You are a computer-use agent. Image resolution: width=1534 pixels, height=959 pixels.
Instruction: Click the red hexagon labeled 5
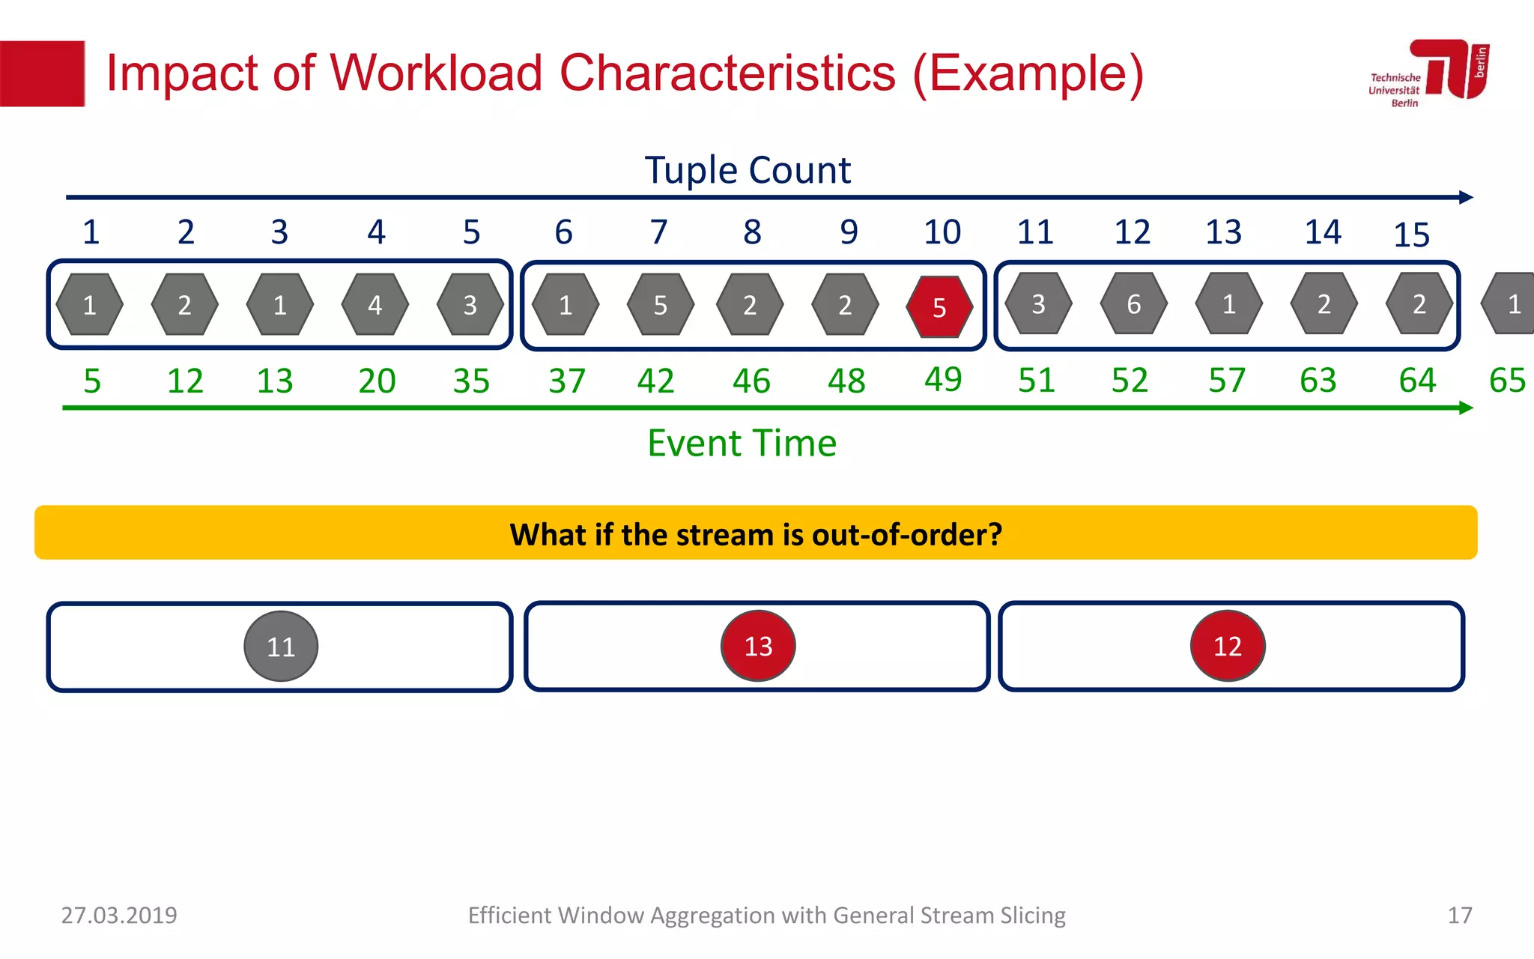pyautogui.click(x=939, y=306)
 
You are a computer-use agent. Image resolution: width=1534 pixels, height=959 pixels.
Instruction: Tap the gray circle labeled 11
pyautogui.click(x=281, y=646)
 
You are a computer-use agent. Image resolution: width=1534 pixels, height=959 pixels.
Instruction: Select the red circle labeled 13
pyautogui.click(x=758, y=645)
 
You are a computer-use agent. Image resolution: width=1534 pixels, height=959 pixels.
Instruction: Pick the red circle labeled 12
pyautogui.click(x=1228, y=645)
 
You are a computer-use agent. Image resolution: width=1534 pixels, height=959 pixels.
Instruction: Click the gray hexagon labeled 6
pyautogui.click(x=1133, y=303)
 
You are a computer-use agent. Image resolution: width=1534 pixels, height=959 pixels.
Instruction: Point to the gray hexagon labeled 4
pyautogui.click(x=375, y=304)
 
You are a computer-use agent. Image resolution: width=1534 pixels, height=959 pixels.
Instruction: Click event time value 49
pyautogui.click(x=943, y=379)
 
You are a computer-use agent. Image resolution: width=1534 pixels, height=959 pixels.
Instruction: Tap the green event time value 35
pyautogui.click(x=471, y=381)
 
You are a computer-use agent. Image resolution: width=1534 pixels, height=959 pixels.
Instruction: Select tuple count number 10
pyautogui.click(x=942, y=232)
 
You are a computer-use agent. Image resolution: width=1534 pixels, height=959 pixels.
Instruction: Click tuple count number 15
pyautogui.click(x=1411, y=235)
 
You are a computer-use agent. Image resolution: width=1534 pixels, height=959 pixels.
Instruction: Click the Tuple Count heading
pyautogui.click(x=748, y=170)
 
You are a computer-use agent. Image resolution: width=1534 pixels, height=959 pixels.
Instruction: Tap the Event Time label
pyautogui.click(x=742, y=443)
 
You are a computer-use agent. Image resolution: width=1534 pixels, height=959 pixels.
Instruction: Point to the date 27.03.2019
pyautogui.click(x=119, y=915)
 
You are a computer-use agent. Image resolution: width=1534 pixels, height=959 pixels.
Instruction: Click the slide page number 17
pyautogui.click(x=1459, y=915)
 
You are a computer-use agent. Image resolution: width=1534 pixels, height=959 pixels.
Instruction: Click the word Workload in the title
pyautogui.click(x=436, y=73)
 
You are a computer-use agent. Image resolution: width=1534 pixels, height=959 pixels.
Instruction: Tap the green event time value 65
pyautogui.click(x=1507, y=381)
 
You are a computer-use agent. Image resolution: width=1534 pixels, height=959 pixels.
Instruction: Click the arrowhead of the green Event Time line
pyautogui.click(x=1466, y=408)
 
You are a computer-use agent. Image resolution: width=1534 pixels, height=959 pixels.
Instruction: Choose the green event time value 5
pyautogui.click(x=92, y=381)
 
